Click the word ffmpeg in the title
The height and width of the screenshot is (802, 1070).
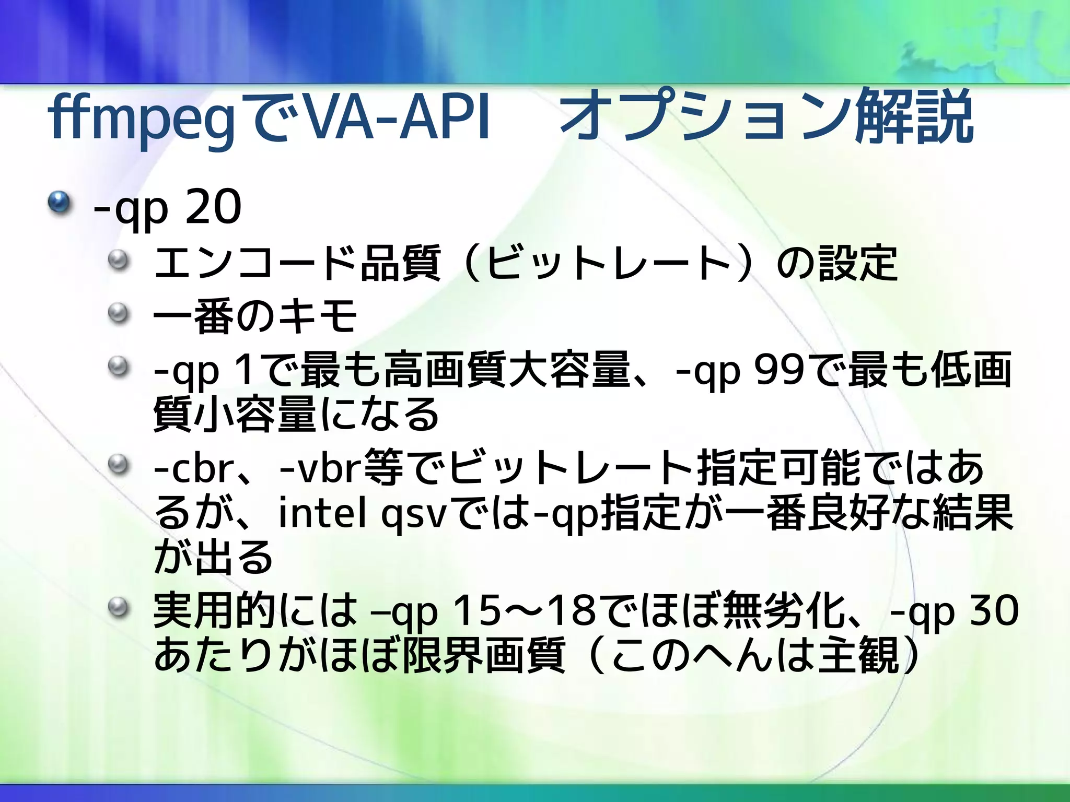pyautogui.click(x=141, y=118)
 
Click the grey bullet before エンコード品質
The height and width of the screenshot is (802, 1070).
pyautogui.click(x=119, y=260)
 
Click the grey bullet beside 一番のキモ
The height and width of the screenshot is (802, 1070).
pyautogui.click(x=119, y=313)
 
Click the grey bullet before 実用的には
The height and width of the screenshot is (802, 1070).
pyautogui.click(x=119, y=607)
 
